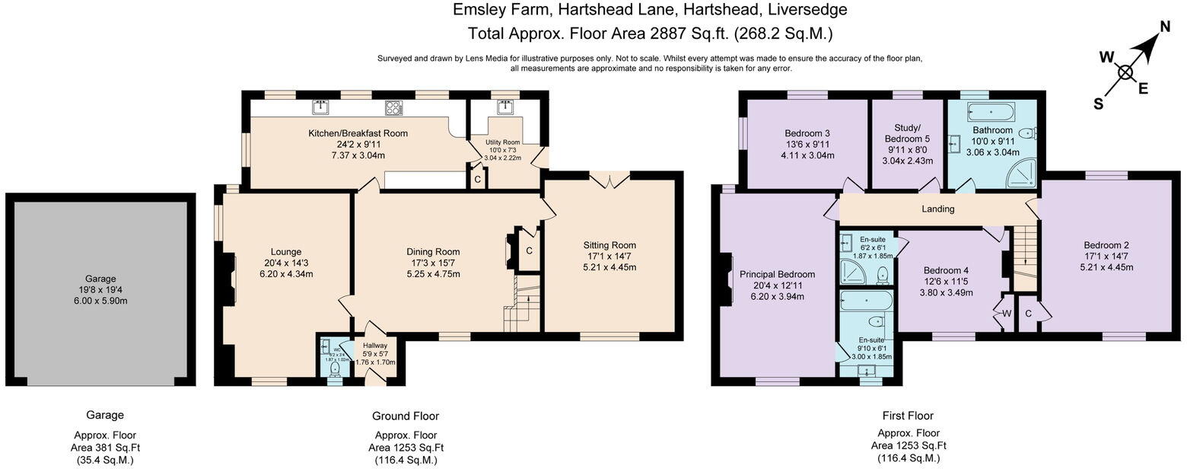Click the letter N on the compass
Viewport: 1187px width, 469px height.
coord(1163,27)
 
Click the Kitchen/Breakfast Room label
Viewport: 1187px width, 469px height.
coord(358,133)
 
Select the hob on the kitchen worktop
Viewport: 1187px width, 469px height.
coord(393,108)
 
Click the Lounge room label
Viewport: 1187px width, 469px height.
coord(286,252)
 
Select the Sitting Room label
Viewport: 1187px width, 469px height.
coord(609,245)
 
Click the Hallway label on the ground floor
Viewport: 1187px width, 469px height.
coord(374,346)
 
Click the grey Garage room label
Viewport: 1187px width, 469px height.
coord(101,278)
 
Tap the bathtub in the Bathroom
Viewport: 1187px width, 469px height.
coord(991,113)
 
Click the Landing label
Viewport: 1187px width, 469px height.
coord(937,209)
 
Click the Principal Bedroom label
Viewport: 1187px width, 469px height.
coord(777,274)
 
